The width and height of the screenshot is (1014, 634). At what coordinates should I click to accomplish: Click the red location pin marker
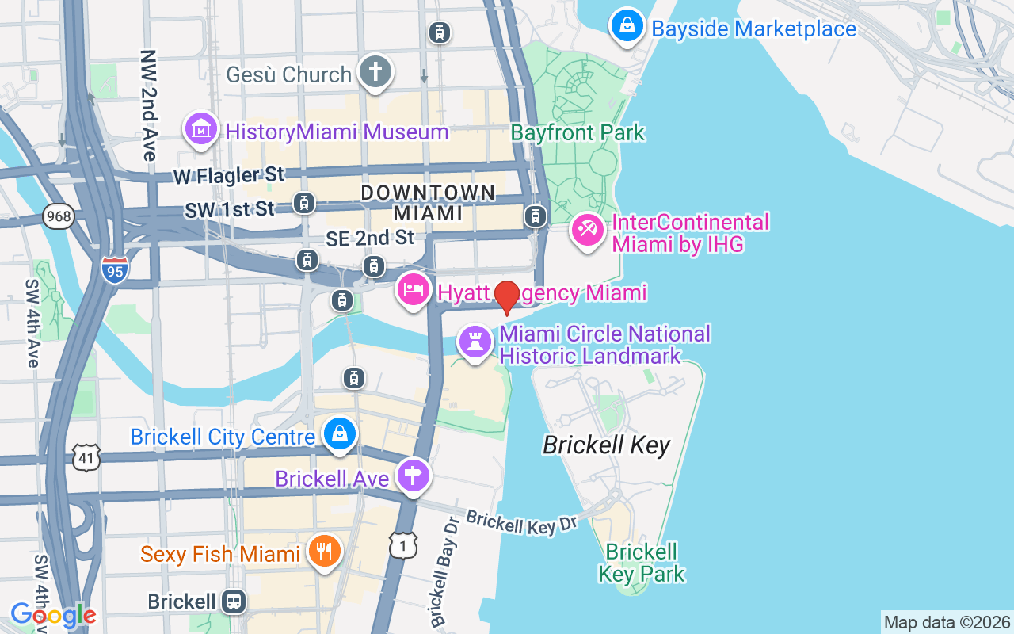507,296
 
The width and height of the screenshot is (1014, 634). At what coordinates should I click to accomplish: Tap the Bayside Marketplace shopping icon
627,27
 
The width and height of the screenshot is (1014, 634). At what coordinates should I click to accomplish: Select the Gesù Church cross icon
375,72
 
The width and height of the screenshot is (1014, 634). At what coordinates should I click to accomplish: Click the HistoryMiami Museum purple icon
201,129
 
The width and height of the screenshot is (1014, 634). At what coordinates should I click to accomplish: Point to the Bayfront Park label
578,132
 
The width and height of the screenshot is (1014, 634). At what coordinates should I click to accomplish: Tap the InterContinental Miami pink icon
588,232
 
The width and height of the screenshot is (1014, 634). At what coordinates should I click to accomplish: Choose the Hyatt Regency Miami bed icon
413,291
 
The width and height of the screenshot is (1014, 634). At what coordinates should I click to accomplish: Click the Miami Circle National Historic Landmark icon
475,342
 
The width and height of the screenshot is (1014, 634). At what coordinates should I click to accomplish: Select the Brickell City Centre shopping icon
340,434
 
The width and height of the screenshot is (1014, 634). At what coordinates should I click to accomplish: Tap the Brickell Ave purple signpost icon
412,477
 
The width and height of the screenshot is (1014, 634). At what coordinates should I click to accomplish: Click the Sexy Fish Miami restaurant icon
323,552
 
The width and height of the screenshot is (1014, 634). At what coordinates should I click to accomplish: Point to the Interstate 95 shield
115,270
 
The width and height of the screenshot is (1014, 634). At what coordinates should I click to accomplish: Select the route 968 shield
59,216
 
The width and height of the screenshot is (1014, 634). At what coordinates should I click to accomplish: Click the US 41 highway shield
87,457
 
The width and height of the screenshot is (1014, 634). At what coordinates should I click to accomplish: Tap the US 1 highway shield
403,544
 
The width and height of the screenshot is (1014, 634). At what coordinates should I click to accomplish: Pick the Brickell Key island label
606,445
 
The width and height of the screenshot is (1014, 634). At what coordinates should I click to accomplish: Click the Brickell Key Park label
642,562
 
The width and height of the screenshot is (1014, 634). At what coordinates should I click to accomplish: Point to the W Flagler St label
228,174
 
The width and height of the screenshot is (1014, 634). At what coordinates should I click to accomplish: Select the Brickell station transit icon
234,602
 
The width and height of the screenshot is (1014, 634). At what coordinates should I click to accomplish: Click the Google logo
53,615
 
